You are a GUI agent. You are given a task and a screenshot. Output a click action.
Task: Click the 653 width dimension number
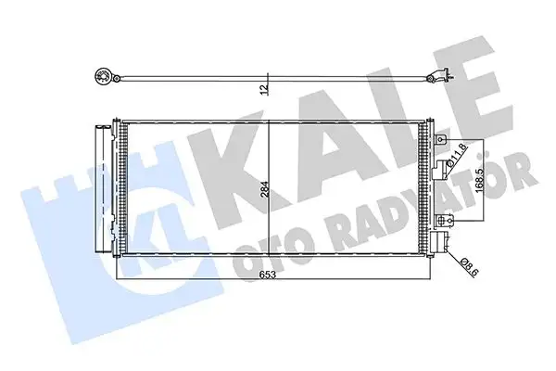tap(267, 274)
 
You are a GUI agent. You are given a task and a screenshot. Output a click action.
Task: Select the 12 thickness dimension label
tap(264, 88)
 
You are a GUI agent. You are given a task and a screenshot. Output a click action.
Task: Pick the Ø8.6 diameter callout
tap(470, 268)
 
